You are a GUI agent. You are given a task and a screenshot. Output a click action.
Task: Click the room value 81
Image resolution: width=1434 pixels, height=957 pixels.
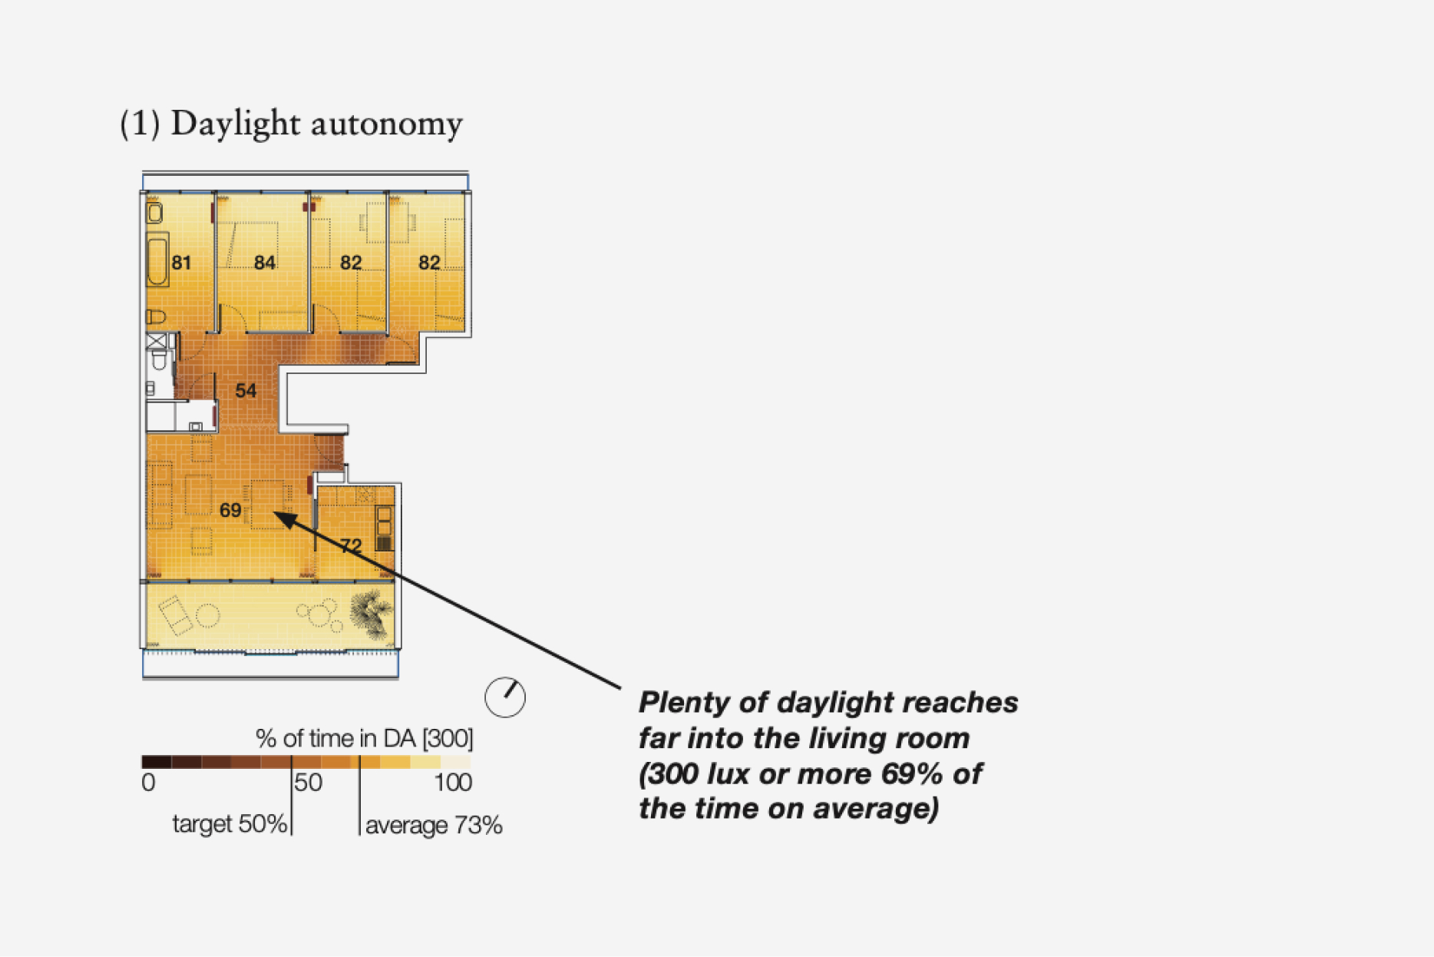click(181, 263)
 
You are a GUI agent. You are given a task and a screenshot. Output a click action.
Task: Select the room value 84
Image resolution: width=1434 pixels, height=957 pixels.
click(265, 263)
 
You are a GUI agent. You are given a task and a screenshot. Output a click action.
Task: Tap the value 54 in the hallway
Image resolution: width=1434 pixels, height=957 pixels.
click(246, 391)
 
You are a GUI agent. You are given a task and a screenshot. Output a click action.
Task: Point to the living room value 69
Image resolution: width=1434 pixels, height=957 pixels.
click(230, 510)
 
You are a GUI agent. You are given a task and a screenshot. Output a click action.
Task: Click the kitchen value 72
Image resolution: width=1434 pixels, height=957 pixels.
click(351, 546)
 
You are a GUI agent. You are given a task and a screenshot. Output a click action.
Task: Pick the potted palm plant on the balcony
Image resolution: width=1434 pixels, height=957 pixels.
click(372, 614)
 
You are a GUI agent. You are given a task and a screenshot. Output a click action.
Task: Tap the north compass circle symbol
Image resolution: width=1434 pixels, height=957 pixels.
click(505, 697)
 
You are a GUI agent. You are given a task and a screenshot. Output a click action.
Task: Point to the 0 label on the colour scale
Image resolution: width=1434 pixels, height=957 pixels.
click(148, 783)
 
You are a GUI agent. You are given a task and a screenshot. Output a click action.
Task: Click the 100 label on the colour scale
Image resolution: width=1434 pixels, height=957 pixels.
click(453, 783)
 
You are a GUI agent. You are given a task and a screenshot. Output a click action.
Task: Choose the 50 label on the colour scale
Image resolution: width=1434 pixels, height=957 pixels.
click(309, 783)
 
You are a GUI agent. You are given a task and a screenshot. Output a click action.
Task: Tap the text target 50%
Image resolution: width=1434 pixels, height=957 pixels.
click(230, 824)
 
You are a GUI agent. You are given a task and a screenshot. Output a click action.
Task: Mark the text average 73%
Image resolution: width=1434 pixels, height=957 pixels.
click(434, 826)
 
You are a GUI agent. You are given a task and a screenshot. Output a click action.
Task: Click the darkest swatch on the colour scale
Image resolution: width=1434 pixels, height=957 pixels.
click(157, 762)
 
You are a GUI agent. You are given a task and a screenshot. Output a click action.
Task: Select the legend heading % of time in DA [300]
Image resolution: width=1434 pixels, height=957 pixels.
click(365, 739)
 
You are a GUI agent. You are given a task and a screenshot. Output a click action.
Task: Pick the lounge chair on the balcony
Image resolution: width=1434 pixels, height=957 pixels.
click(176, 615)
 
